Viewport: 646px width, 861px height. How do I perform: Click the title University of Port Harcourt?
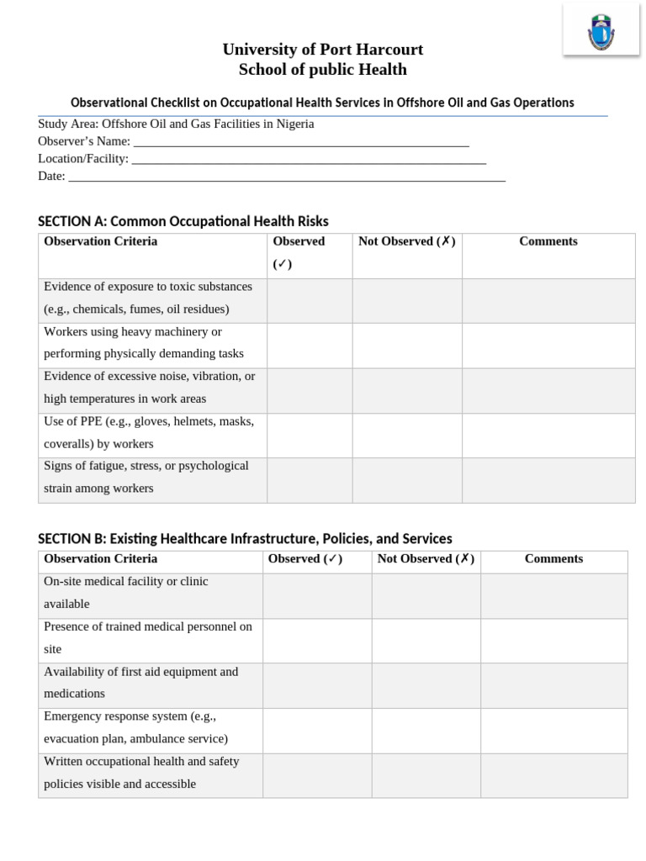click(x=323, y=50)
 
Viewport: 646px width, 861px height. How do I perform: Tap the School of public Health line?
click(x=323, y=70)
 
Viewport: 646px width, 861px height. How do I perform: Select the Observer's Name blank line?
click(x=300, y=142)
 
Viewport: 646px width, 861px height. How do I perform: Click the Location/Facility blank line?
click(x=309, y=159)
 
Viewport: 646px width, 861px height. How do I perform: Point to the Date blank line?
click(x=286, y=177)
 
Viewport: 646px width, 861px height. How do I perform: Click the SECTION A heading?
click(x=183, y=221)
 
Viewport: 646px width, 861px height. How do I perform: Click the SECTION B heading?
click(x=245, y=538)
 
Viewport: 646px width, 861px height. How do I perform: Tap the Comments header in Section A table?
click(x=548, y=241)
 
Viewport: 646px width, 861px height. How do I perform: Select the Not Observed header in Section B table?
click(x=426, y=558)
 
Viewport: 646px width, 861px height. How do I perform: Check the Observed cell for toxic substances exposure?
click(x=309, y=300)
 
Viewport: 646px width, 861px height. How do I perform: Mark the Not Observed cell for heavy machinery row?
click(x=406, y=346)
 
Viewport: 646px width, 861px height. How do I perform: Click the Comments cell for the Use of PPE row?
click(x=548, y=436)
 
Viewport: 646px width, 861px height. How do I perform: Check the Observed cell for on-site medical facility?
click(x=317, y=595)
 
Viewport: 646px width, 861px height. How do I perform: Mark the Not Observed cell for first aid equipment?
click(x=426, y=685)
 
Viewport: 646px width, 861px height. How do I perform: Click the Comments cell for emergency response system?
click(x=553, y=730)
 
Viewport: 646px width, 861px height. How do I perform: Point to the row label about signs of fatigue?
click(x=146, y=477)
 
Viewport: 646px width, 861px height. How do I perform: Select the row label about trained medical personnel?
click(x=148, y=637)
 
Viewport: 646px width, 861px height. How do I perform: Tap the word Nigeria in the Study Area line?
click(x=295, y=124)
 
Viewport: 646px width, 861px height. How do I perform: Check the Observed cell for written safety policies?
click(x=317, y=775)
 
